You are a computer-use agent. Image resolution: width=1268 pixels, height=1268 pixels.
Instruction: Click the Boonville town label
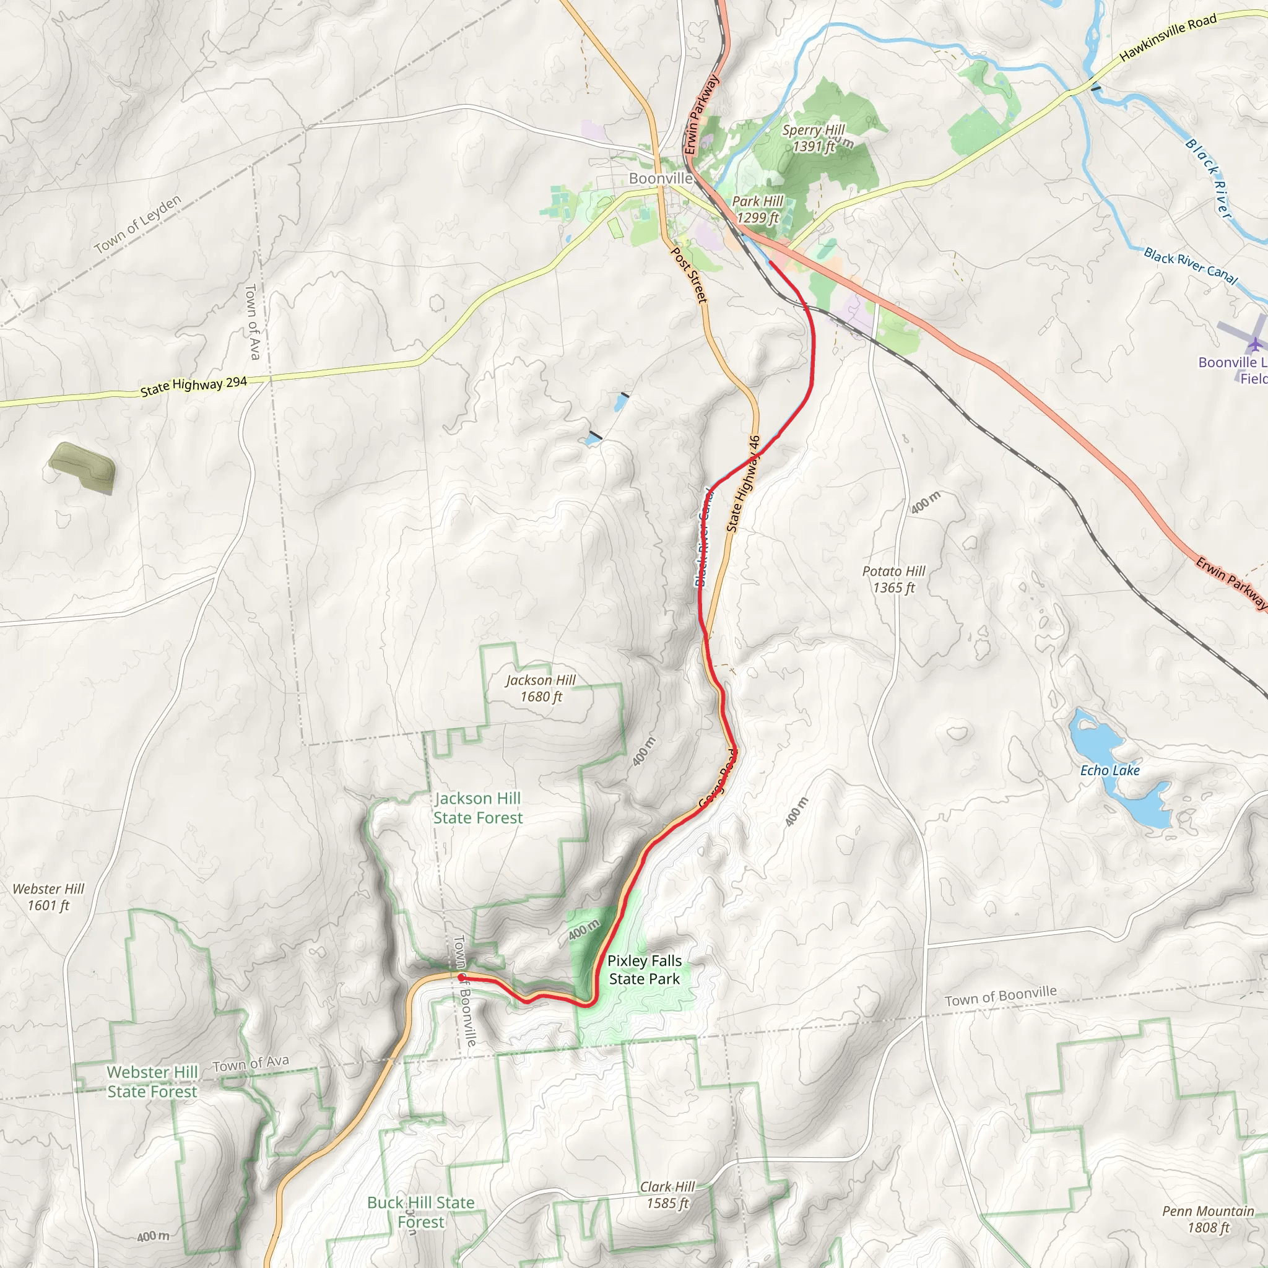pyautogui.click(x=660, y=178)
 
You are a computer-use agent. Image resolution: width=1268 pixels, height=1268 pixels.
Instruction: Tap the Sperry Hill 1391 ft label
pyautogui.click(x=813, y=138)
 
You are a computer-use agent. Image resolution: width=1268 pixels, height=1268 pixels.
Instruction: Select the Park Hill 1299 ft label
pyautogui.click(x=757, y=209)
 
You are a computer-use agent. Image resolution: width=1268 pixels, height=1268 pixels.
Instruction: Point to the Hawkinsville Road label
pyautogui.click(x=1168, y=38)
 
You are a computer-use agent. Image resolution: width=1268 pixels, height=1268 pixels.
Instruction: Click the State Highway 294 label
pyautogui.click(x=194, y=386)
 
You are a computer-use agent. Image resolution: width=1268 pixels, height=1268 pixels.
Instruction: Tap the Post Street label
pyautogui.click(x=689, y=274)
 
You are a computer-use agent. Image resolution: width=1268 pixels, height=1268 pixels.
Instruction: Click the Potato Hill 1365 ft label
pyautogui.click(x=893, y=579)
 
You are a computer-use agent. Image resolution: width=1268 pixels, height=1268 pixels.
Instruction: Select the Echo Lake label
pyautogui.click(x=1110, y=770)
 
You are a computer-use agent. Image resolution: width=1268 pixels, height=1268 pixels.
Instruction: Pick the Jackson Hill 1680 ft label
pyautogui.click(x=541, y=688)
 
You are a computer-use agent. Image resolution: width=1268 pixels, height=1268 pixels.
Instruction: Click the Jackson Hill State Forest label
pyautogui.click(x=478, y=808)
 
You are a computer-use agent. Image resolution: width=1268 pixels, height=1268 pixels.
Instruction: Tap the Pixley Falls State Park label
pyautogui.click(x=644, y=970)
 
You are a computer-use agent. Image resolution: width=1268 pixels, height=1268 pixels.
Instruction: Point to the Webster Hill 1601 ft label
pyautogui.click(x=48, y=897)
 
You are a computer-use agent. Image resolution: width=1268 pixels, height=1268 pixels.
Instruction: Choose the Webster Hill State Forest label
pyautogui.click(x=152, y=1082)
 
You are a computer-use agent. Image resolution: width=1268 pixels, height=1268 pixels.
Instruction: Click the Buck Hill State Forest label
pyautogui.click(x=420, y=1212)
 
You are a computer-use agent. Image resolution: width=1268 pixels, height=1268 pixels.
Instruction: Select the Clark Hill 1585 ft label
pyautogui.click(x=667, y=1194)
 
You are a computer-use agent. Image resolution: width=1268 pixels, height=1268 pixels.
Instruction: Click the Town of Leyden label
pyautogui.click(x=137, y=225)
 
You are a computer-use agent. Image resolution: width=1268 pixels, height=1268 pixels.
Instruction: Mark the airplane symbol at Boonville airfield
pyautogui.click(x=1255, y=344)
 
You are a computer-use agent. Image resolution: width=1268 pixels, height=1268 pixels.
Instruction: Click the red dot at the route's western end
pyautogui.click(x=461, y=978)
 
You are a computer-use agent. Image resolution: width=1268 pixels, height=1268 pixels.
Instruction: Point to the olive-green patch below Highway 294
pyautogui.click(x=83, y=467)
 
